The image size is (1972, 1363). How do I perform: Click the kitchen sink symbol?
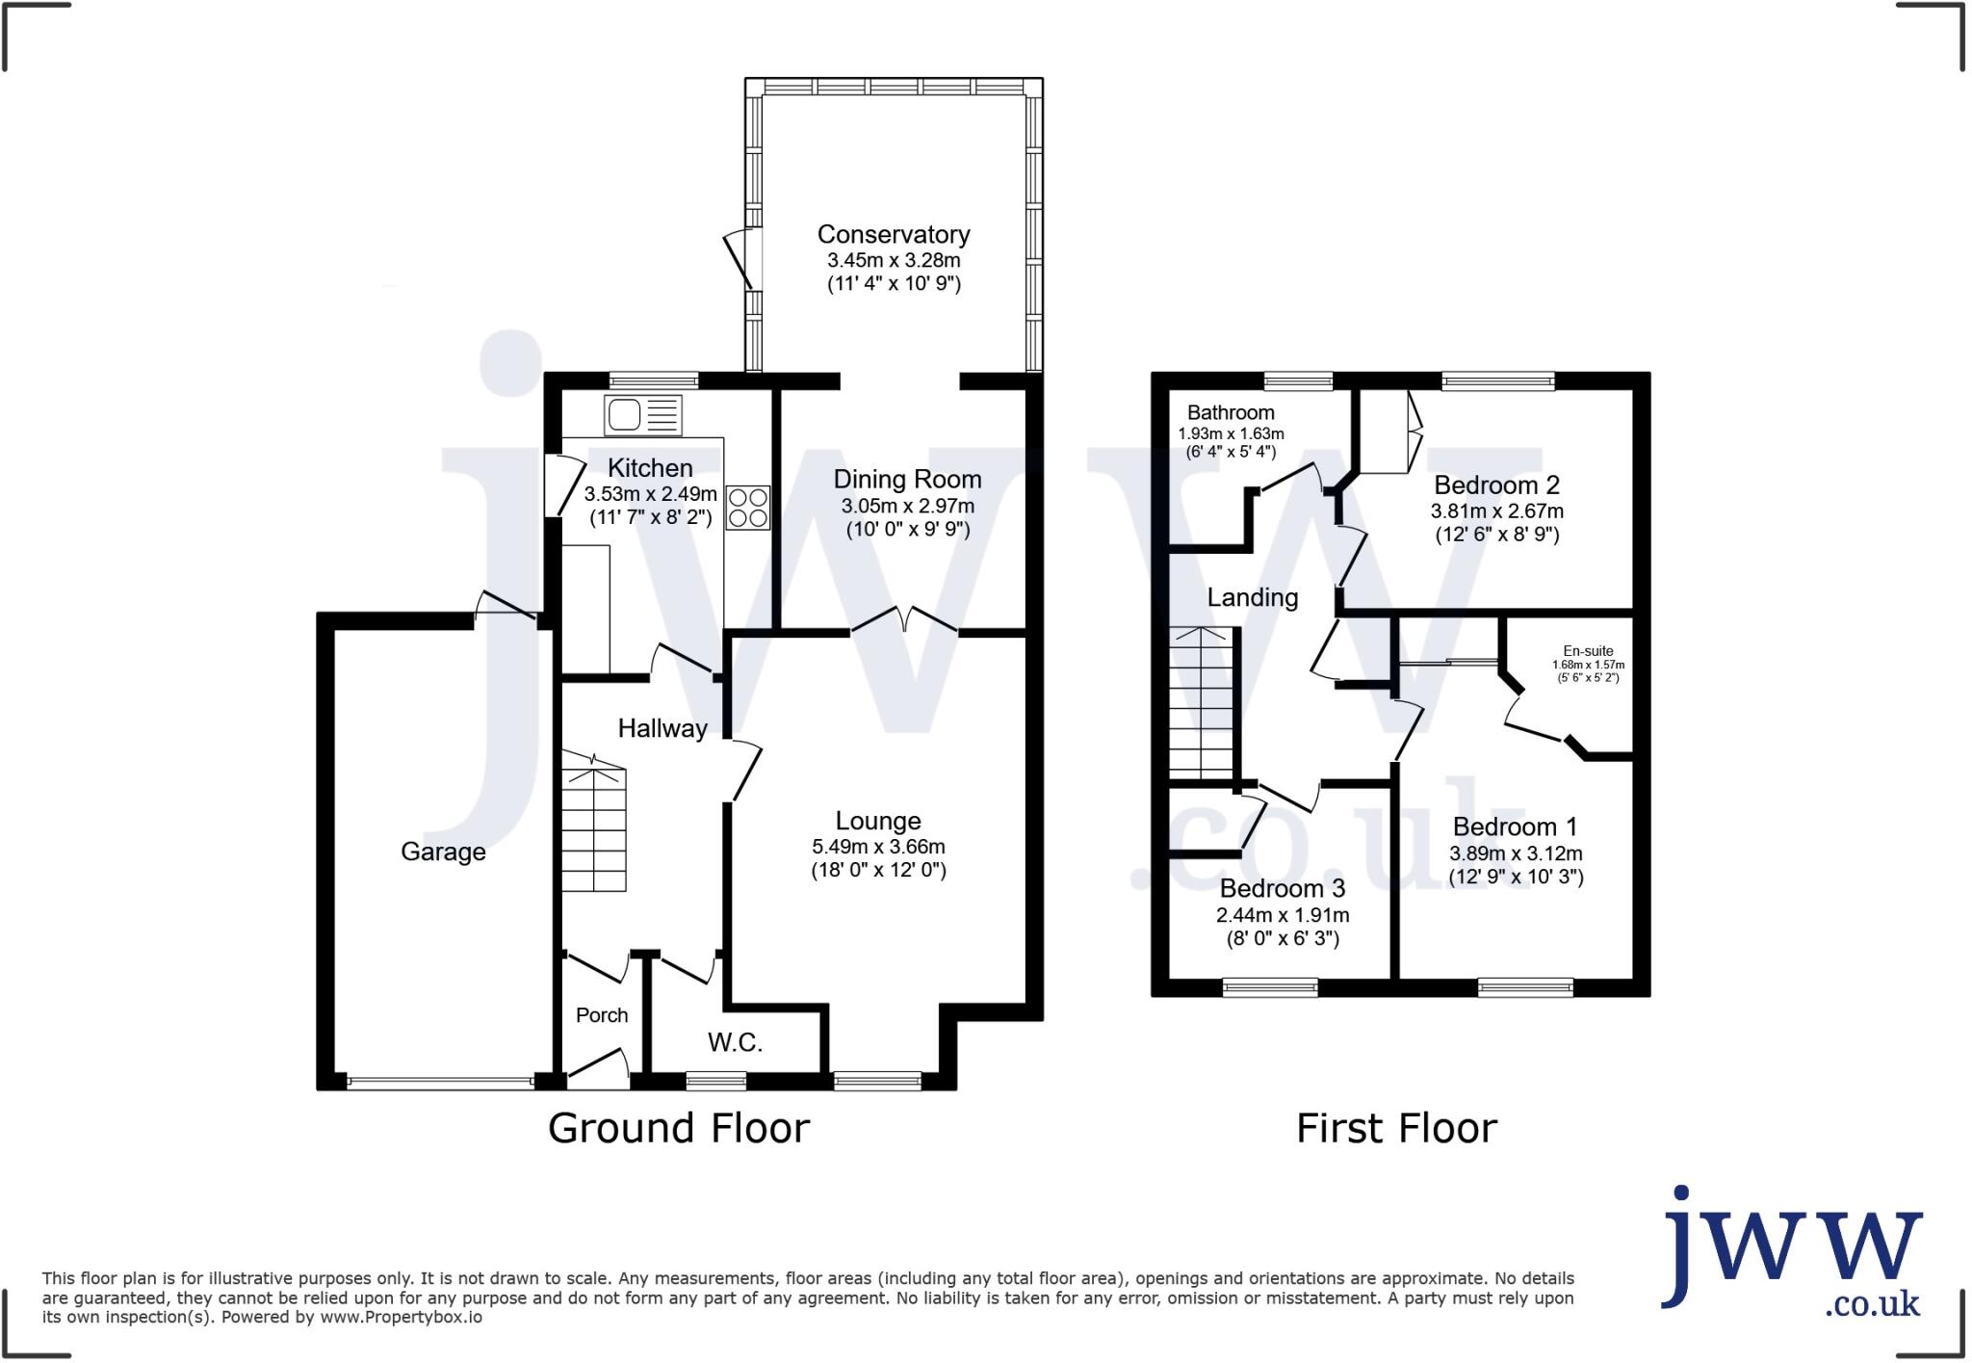tap(642, 415)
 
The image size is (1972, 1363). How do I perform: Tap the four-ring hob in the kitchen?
tap(748, 508)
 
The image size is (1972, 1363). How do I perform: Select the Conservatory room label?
tap(894, 234)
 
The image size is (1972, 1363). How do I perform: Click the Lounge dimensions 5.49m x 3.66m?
tap(878, 847)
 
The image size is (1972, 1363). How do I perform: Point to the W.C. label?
tap(735, 1041)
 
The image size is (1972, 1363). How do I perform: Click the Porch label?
tap(602, 1014)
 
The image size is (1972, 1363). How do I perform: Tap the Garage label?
tap(443, 852)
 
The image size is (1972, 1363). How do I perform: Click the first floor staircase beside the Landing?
tap(1203, 702)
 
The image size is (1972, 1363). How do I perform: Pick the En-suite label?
tap(1588, 651)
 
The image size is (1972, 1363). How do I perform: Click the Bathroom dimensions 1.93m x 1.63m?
tap(1231, 433)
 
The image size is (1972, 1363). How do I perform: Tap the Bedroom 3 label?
tap(1282, 887)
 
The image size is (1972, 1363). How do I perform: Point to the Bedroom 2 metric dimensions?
tap(1496, 511)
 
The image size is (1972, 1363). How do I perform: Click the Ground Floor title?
tap(679, 1128)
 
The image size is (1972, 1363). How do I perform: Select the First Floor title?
tap(1396, 1128)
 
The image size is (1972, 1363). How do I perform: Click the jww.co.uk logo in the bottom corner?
tap(1792, 1253)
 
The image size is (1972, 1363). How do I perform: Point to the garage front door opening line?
tap(440, 1083)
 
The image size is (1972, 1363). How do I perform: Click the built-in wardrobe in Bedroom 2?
tap(1384, 432)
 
